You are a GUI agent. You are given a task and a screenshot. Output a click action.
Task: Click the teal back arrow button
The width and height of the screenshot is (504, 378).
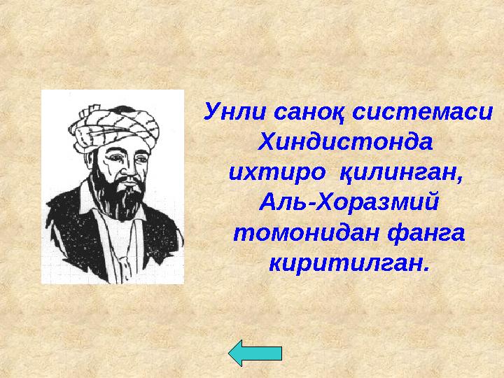(x=255, y=352)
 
